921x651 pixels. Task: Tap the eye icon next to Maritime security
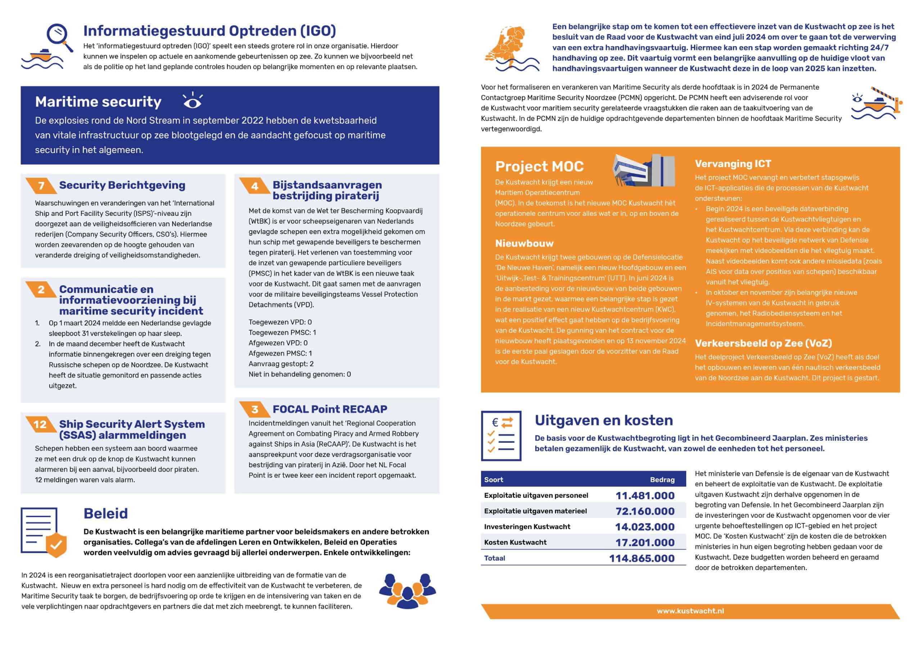click(x=192, y=101)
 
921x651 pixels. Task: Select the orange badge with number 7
click(x=41, y=186)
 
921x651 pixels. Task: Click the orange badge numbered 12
click(x=40, y=424)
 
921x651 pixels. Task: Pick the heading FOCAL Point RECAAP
click(x=330, y=409)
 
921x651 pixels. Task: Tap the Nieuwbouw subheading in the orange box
click(x=524, y=243)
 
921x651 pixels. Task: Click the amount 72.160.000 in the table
click(x=645, y=511)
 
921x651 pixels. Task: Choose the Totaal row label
click(x=495, y=558)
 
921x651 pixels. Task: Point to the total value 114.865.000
click(x=641, y=558)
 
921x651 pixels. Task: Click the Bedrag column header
click(x=662, y=480)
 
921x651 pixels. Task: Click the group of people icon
click(x=407, y=591)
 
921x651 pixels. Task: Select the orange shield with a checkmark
click(x=56, y=544)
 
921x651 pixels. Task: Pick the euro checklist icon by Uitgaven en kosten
click(x=501, y=436)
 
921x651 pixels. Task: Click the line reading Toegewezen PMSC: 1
click(x=282, y=333)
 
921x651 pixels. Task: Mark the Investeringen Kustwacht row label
click(x=527, y=527)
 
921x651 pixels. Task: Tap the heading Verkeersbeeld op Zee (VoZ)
click(x=763, y=343)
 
